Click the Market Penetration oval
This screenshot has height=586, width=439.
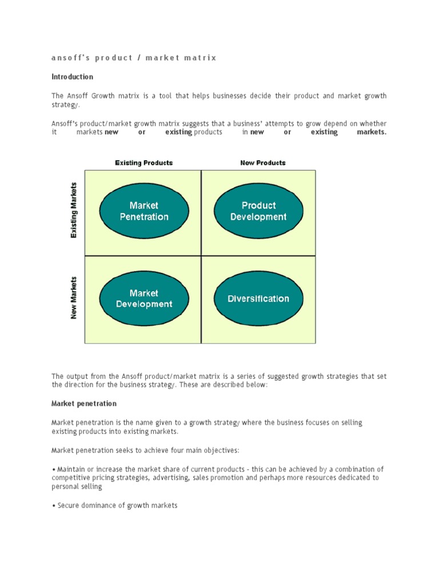[144, 211]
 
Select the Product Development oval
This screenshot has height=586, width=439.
[258, 211]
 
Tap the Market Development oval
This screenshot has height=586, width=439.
[144, 299]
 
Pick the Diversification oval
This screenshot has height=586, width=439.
[258, 299]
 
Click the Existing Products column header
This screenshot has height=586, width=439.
[143, 163]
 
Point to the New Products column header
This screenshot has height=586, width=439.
[263, 163]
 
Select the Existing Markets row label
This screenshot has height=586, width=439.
[74, 210]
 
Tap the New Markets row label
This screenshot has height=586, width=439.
[74, 298]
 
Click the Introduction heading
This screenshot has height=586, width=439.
[72, 77]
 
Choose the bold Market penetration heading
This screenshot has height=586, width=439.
[84, 403]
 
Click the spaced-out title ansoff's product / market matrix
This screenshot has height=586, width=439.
[134, 58]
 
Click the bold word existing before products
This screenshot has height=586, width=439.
[178, 132]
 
